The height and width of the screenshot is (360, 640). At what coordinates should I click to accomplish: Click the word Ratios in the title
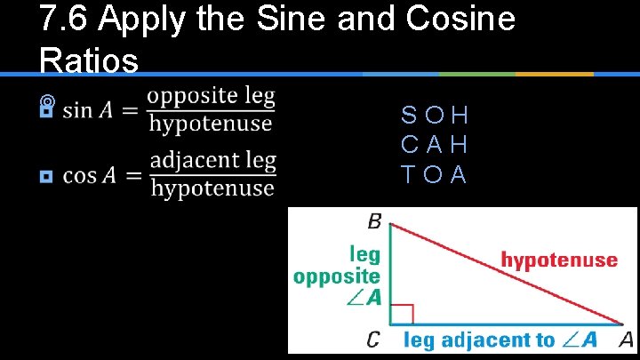tap(89, 60)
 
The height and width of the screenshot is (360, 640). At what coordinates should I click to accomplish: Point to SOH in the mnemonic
tap(435, 116)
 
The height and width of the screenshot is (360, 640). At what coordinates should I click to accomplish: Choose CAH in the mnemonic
tap(435, 145)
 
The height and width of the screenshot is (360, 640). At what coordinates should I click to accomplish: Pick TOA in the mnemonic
tap(435, 174)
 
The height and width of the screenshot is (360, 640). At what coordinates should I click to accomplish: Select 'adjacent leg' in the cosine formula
tap(212, 162)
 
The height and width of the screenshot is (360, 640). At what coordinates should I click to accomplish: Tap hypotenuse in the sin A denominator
tap(211, 124)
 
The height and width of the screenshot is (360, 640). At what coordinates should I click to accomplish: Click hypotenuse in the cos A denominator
tap(212, 188)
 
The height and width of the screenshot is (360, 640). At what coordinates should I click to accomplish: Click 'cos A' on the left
tap(90, 175)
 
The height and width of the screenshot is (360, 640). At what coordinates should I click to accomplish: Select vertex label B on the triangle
tap(373, 219)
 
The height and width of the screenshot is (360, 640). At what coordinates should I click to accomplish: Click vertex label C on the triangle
tap(373, 339)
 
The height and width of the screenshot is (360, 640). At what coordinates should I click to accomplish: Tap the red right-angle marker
tap(402, 314)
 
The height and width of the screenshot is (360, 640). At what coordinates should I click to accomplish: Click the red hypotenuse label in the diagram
tap(559, 260)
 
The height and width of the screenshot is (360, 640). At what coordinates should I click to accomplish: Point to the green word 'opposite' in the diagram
tap(337, 276)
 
